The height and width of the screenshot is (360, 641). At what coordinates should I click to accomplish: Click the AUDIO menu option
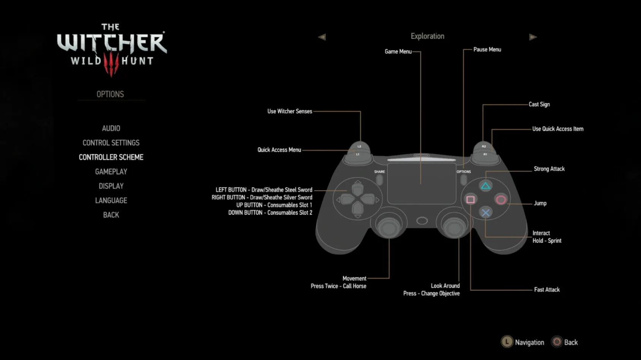pos(111,128)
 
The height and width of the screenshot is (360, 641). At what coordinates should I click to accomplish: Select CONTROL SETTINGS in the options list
pos(111,143)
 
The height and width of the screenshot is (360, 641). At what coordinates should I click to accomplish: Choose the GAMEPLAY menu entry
pos(111,172)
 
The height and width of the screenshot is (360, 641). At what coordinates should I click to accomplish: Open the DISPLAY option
pos(111,186)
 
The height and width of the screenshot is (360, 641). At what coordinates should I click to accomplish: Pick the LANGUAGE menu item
pos(111,201)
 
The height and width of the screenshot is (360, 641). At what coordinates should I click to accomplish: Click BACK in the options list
pos(111,215)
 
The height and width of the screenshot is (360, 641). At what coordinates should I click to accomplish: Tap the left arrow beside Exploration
pos(322,37)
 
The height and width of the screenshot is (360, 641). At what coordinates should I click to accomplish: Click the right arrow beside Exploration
pos(533,37)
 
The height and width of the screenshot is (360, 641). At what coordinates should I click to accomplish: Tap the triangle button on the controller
pos(485,186)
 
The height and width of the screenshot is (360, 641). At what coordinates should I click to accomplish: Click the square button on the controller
pos(470,199)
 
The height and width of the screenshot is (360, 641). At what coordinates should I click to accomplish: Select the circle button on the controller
pos(501,200)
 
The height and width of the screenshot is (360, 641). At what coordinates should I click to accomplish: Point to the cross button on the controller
pos(485,213)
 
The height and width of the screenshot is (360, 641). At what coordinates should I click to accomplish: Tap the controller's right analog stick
pos(454,227)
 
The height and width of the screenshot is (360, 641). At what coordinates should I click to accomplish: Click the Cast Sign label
pos(539,104)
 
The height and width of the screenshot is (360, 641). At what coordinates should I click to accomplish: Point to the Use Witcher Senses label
pos(289,111)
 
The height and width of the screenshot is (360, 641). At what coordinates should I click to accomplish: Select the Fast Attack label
pos(546,290)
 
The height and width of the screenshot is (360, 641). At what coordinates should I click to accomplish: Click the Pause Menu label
pos(487,50)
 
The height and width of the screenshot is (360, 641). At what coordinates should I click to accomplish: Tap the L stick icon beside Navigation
pos(507,342)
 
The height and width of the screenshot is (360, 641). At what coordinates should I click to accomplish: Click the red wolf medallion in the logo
pos(111,64)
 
